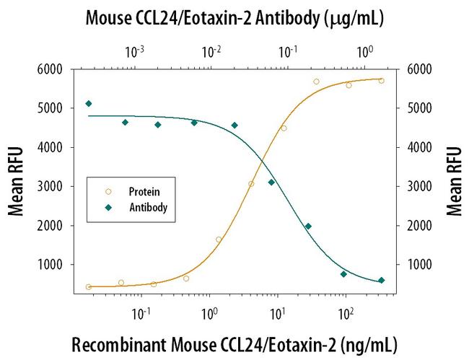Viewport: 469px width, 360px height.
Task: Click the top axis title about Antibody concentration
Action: [x=234, y=17]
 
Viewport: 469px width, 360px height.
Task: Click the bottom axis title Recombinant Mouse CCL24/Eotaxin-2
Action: [x=234, y=341]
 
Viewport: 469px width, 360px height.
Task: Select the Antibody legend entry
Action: [x=149, y=207]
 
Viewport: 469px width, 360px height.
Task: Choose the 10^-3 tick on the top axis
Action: [x=134, y=51]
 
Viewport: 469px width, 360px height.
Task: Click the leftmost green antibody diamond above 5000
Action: [x=88, y=104]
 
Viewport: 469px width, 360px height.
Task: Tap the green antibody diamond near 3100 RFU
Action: [x=271, y=183]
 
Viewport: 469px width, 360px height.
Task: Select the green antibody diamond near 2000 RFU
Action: [x=308, y=227]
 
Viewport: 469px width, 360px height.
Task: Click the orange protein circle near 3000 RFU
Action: [x=251, y=184]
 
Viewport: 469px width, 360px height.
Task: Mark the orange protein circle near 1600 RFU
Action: [x=219, y=240]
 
